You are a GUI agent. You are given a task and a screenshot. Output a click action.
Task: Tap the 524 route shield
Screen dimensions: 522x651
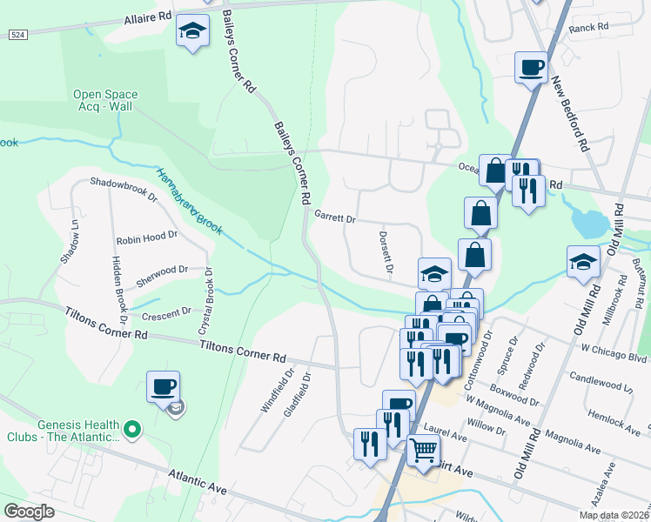17,35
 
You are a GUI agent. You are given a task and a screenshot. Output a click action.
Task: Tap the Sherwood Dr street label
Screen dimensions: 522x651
161,271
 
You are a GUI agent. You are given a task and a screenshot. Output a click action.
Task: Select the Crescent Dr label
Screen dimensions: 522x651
165,312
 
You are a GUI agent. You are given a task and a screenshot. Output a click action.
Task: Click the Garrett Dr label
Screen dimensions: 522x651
335,217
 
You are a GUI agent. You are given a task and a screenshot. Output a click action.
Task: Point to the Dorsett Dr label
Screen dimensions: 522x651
386,252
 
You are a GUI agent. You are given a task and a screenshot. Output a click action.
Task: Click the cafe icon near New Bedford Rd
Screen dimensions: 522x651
530,67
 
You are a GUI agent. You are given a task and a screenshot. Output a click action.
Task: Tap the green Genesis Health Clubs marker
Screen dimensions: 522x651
132,428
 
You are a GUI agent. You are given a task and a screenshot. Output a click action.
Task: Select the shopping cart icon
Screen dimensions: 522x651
423,451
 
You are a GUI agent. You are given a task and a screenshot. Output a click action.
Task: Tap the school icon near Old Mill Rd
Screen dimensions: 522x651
583,262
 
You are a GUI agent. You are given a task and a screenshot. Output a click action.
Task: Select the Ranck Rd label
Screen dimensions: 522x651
587,28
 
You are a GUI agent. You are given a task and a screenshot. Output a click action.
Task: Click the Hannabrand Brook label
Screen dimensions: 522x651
190,201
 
